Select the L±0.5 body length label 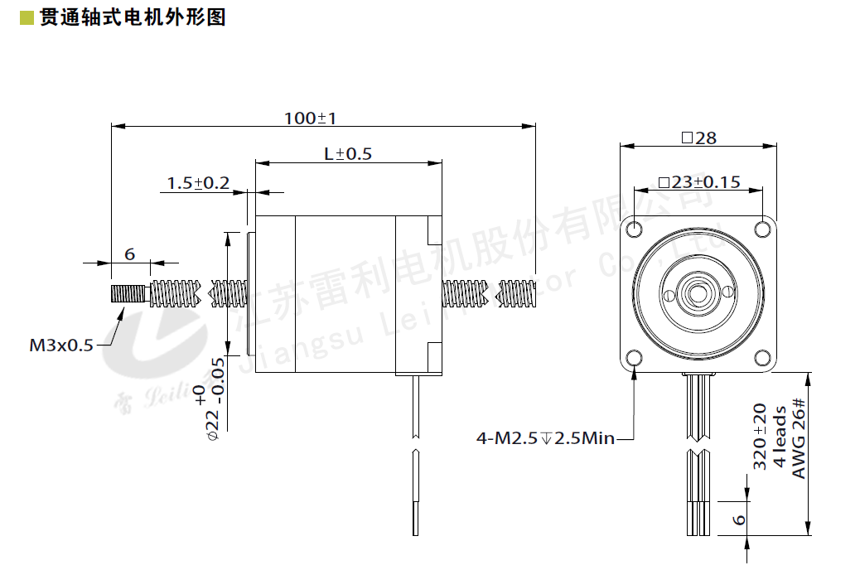coord(348,154)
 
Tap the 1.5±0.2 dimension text coord(198,183)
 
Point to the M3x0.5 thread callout coord(62,345)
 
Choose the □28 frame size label coord(698,138)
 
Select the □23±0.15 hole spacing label coord(698,182)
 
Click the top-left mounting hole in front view coord(635,228)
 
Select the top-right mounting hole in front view coord(762,228)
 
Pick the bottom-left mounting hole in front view coord(635,358)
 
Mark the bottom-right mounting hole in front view coord(762,358)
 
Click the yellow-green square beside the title coord(26,17)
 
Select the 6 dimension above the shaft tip coord(130,254)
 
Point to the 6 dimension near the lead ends coord(740,520)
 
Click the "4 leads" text coord(779,437)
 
